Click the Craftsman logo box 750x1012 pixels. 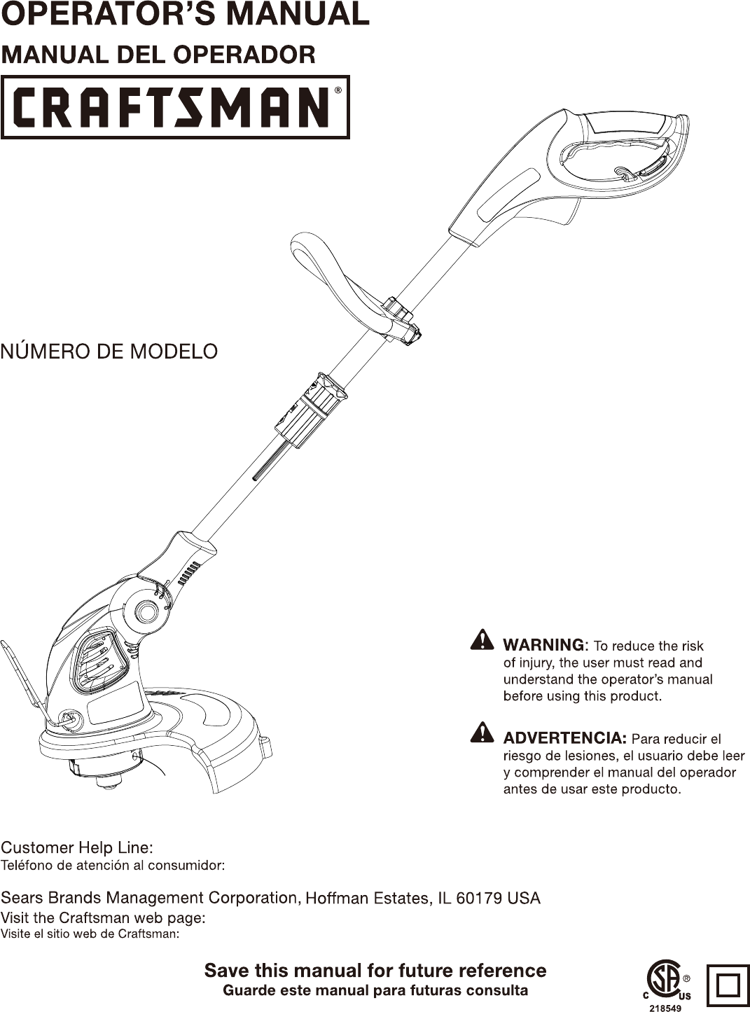(175, 107)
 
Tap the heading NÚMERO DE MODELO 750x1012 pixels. (109, 351)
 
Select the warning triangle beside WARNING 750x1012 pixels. (482, 640)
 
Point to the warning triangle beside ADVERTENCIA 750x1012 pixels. (482, 733)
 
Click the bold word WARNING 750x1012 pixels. (543, 644)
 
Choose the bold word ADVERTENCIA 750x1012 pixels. (564, 738)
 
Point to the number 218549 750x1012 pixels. (665, 1008)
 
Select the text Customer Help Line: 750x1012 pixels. (77, 847)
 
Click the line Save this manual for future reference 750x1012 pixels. (375, 971)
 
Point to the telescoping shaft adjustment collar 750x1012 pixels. (311, 410)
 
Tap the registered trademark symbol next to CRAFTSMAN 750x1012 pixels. (338, 90)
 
